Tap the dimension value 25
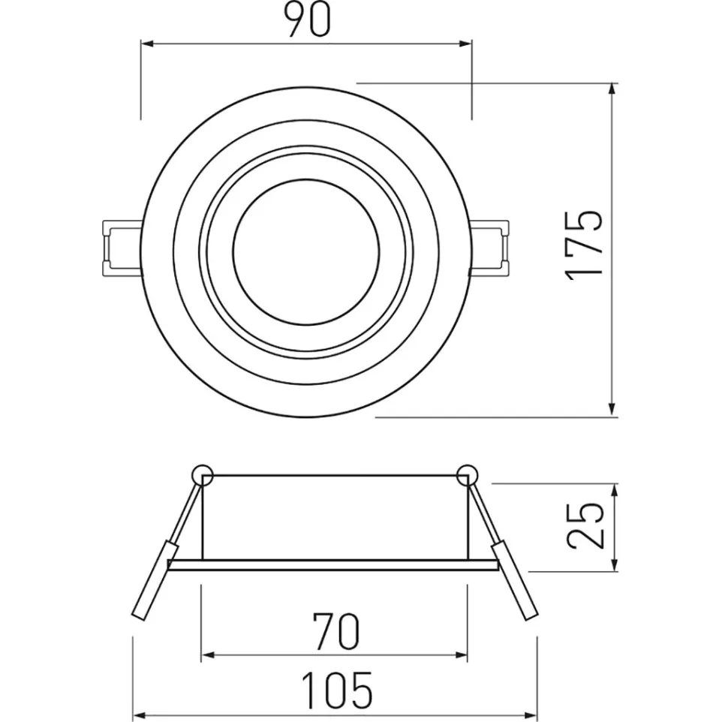click(585, 525)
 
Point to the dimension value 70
click(335, 632)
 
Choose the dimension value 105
click(336, 690)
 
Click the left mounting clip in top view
click(119, 245)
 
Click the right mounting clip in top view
click(492, 245)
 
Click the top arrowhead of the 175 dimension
click(613, 89)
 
